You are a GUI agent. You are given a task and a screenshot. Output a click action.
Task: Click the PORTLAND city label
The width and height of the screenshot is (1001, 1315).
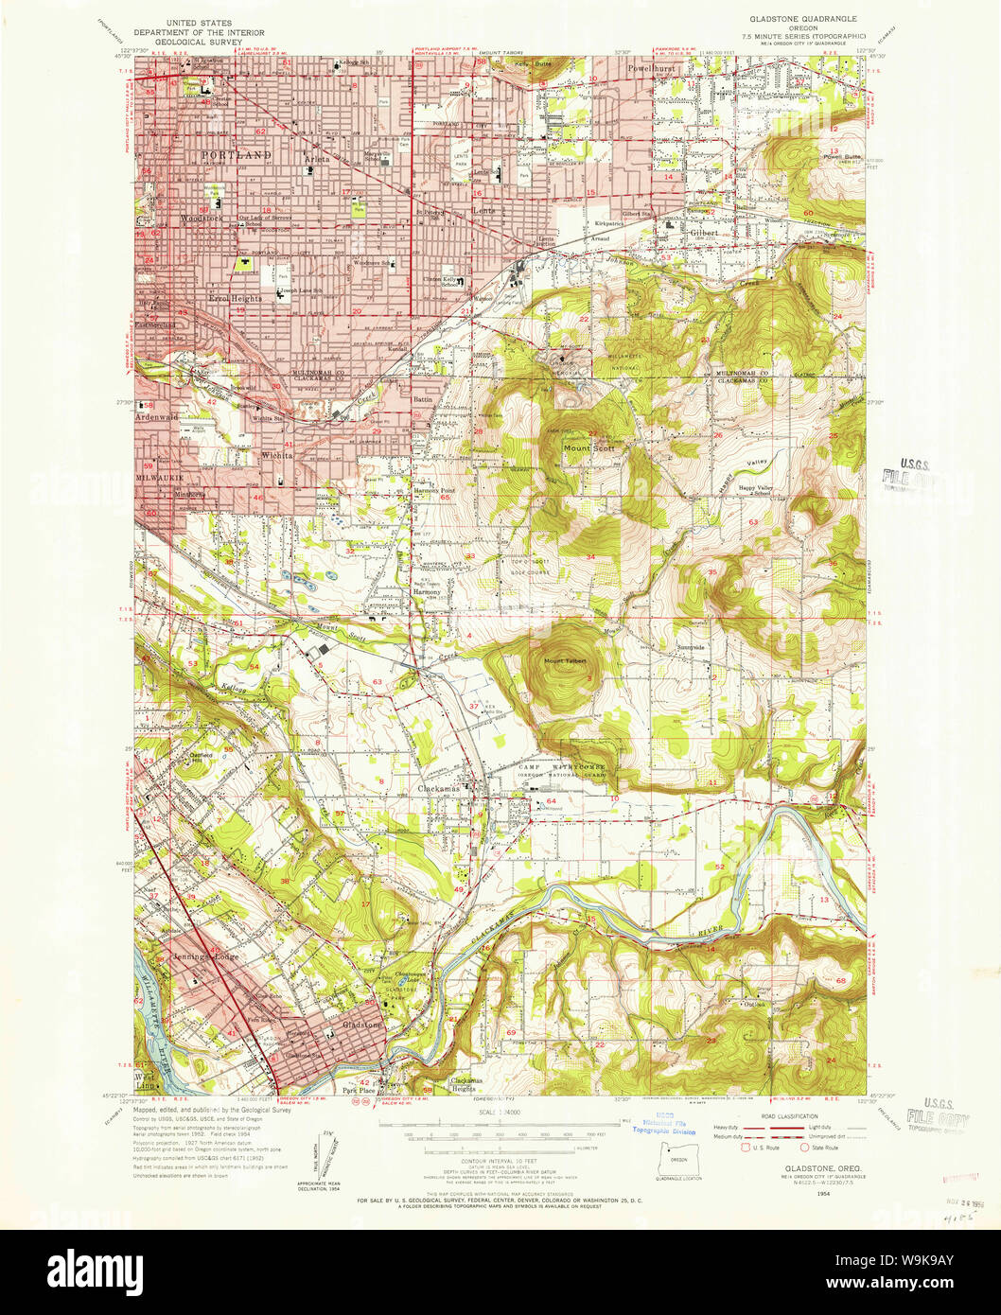coord(236,154)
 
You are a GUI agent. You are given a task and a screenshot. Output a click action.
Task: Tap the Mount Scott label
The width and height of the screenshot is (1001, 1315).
coord(588,448)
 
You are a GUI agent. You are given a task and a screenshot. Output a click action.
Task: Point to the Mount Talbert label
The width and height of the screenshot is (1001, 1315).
coord(565,660)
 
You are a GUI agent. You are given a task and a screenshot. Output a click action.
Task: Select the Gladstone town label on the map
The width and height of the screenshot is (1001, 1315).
coord(361,1026)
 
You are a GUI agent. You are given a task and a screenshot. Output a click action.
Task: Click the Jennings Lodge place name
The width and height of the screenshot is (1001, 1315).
coord(205,957)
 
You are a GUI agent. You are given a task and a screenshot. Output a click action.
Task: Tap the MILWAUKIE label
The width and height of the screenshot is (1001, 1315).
coord(161,478)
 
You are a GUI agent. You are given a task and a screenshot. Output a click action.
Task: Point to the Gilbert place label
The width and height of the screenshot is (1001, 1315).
coord(704,232)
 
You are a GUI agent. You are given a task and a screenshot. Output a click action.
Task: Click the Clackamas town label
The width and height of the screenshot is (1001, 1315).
coord(439,788)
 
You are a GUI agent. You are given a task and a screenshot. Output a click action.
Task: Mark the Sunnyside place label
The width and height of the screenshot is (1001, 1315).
coord(691,647)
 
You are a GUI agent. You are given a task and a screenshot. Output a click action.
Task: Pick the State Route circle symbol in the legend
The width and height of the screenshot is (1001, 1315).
coord(805,1148)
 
